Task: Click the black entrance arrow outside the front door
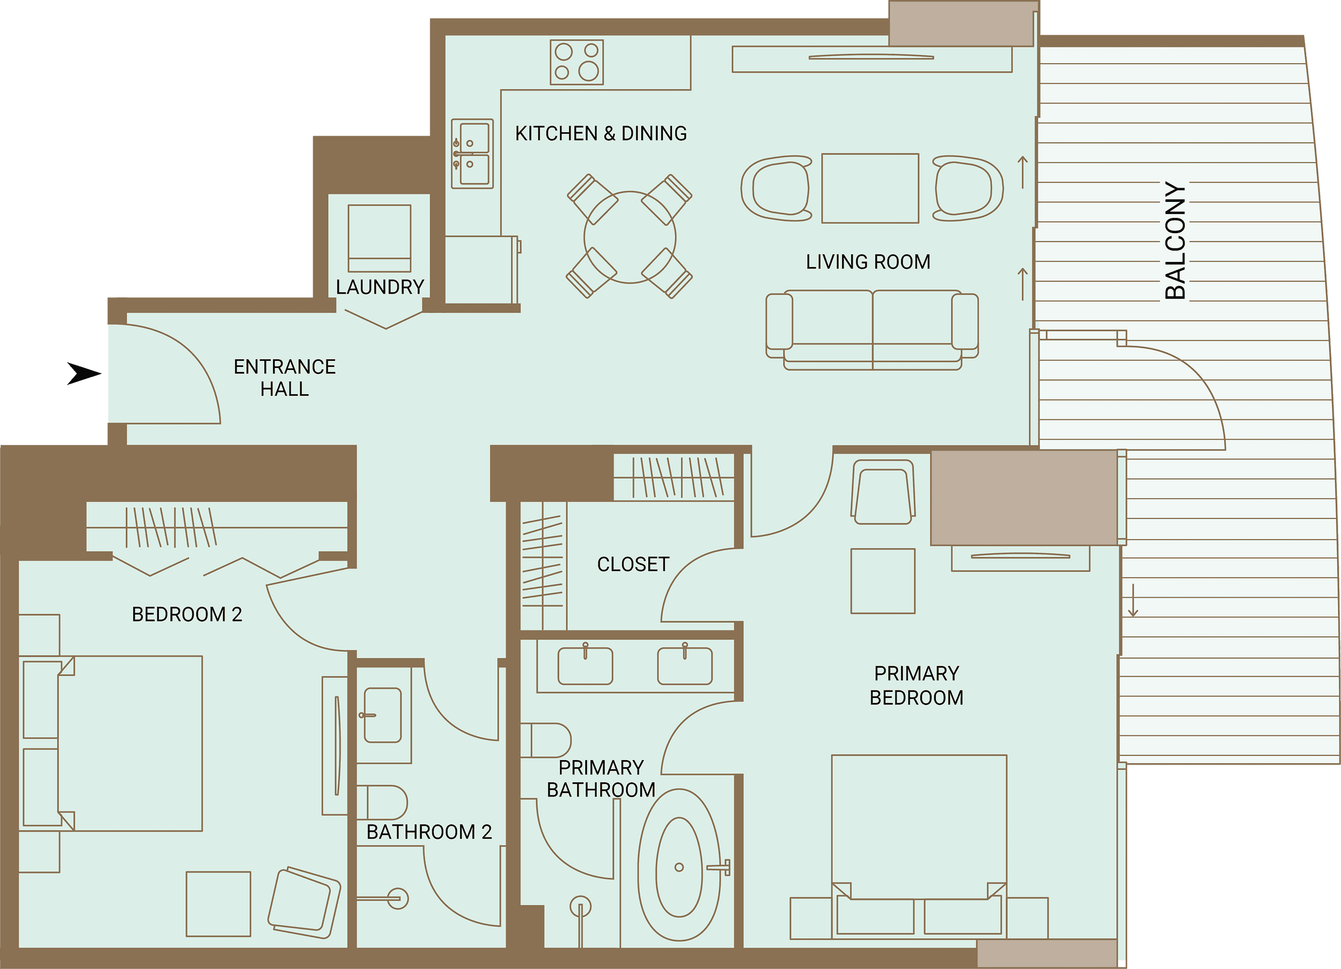84,373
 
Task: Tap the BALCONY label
1175,241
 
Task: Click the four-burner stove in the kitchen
577,62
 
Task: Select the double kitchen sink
472,154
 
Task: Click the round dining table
630,237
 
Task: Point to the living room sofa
872,330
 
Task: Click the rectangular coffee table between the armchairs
870,188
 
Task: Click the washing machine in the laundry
379,238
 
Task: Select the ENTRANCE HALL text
285,378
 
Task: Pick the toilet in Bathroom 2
382,803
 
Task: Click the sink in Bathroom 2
382,715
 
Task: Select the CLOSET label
633,564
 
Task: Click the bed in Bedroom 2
113,743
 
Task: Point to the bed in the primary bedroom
919,846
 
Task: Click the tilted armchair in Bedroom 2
304,903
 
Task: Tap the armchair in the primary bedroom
883,492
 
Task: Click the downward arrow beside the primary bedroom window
1133,600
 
